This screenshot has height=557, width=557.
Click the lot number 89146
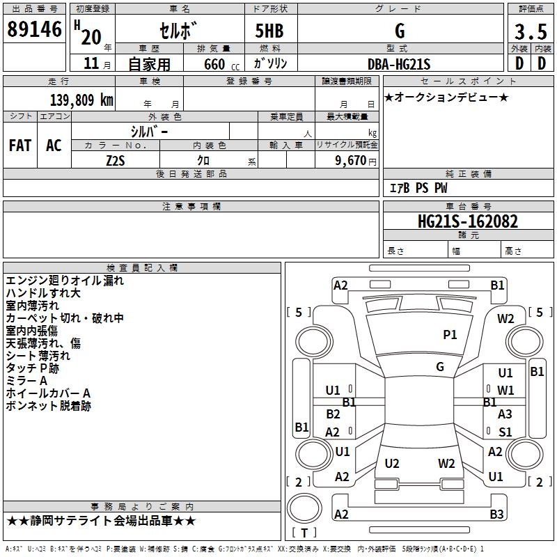click(34, 29)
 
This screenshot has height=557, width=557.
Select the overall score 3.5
click(530, 32)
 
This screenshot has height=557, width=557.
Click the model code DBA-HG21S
click(400, 64)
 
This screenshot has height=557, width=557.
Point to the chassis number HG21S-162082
click(467, 221)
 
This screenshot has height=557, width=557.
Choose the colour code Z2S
click(116, 160)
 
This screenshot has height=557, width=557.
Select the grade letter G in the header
click(399, 31)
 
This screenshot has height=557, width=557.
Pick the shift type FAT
click(20, 145)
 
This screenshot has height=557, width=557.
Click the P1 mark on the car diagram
click(450, 335)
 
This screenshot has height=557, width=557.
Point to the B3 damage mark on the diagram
click(496, 515)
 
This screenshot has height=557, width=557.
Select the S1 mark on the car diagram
click(505, 432)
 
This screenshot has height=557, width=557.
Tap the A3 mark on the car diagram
click(505, 414)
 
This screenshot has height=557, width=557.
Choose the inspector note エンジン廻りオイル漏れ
click(65, 281)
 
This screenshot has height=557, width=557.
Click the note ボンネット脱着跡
click(48, 406)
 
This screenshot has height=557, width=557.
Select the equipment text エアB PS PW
click(418, 188)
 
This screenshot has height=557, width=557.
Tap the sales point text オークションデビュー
click(446, 97)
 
